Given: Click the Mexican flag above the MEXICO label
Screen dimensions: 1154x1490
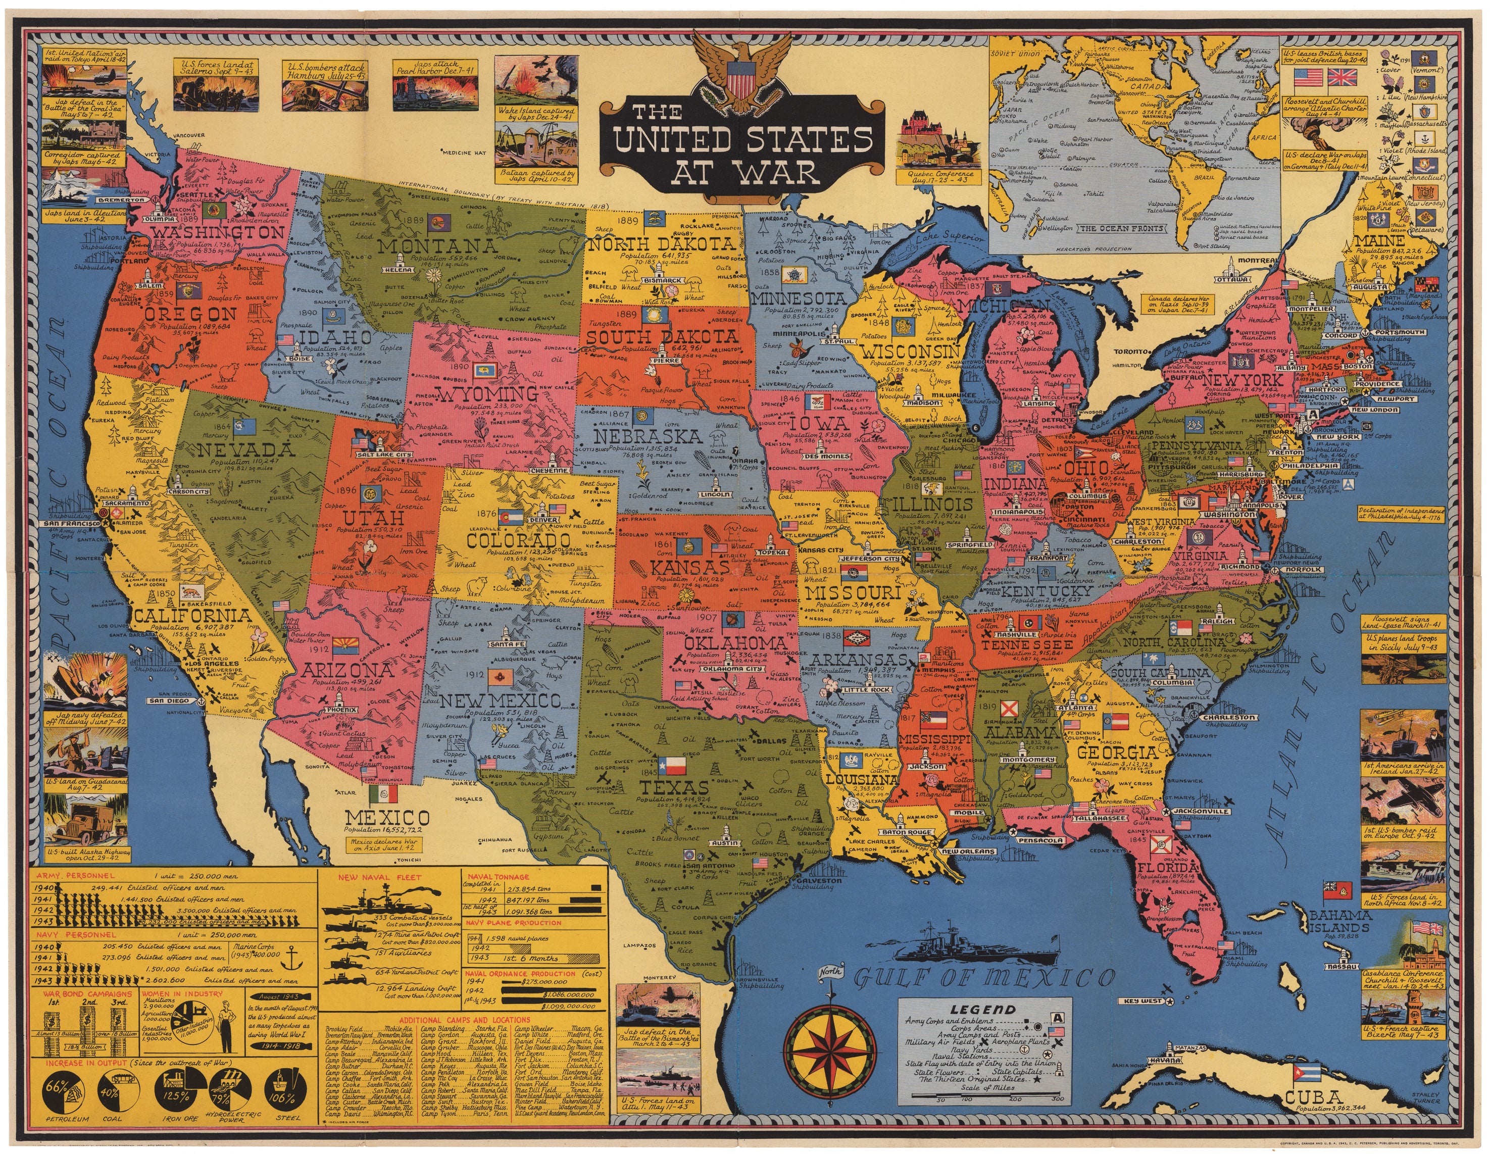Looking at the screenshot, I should [383, 793].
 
